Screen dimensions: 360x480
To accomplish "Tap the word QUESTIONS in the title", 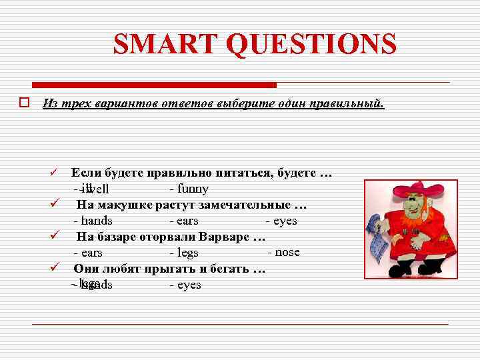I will coord(311,45).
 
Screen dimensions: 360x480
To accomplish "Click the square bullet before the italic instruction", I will coord(23,103).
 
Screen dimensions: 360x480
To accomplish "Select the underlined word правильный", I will coord(351,103).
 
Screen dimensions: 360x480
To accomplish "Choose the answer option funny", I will coord(192,189).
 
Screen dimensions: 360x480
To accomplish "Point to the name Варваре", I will coord(226,236).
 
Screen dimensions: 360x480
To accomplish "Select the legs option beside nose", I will coord(187,253).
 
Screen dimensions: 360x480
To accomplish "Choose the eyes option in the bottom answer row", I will coord(188,285).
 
